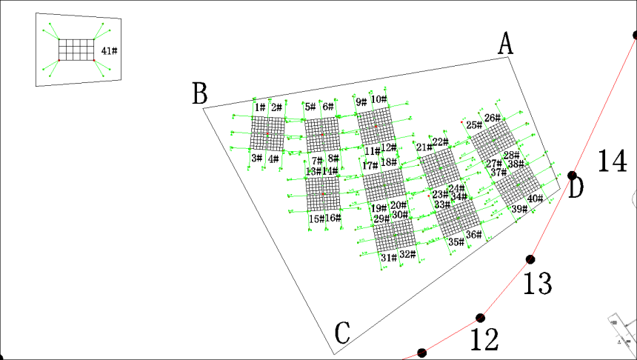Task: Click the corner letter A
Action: point(505,44)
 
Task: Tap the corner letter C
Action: point(341,334)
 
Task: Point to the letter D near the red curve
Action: point(576,188)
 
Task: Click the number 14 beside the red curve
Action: point(612,161)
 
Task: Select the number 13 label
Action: point(538,283)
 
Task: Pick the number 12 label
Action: point(484,340)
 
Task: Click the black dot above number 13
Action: point(530,259)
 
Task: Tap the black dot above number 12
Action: point(480,318)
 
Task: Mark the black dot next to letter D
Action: point(572,176)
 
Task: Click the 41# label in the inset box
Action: point(110,51)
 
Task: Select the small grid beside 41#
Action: point(77,50)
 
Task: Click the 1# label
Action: point(260,108)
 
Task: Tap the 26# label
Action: point(493,118)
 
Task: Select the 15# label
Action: point(316,219)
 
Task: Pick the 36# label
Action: point(473,235)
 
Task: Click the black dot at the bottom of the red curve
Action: point(422,353)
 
